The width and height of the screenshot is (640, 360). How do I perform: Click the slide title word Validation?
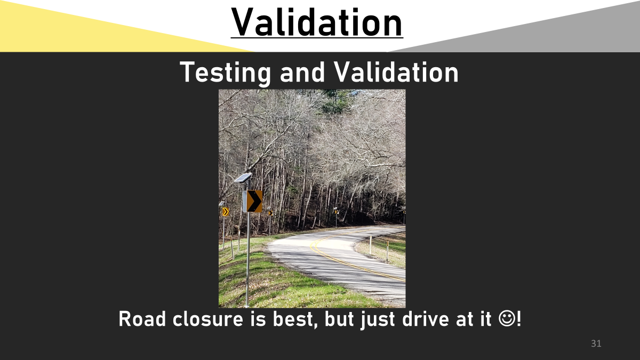click(x=317, y=22)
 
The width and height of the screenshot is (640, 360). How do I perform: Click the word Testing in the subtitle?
click(x=225, y=73)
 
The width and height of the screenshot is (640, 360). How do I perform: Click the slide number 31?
click(x=596, y=343)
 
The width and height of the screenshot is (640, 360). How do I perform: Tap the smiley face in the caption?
click(x=507, y=318)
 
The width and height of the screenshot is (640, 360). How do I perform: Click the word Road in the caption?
click(x=142, y=318)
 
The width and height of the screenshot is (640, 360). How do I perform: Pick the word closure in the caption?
click(x=207, y=318)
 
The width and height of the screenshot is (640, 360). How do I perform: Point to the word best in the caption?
click(x=294, y=319)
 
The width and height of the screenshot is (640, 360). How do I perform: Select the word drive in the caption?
click(x=426, y=318)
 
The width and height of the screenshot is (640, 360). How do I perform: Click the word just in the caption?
click(x=378, y=319)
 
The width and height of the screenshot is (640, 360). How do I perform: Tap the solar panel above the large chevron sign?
click(x=243, y=178)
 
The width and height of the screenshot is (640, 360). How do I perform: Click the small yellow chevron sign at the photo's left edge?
click(x=226, y=212)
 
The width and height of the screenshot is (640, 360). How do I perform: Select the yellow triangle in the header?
click(x=86, y=31)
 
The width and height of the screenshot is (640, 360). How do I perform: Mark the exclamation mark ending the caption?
click(x=519, y=318)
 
